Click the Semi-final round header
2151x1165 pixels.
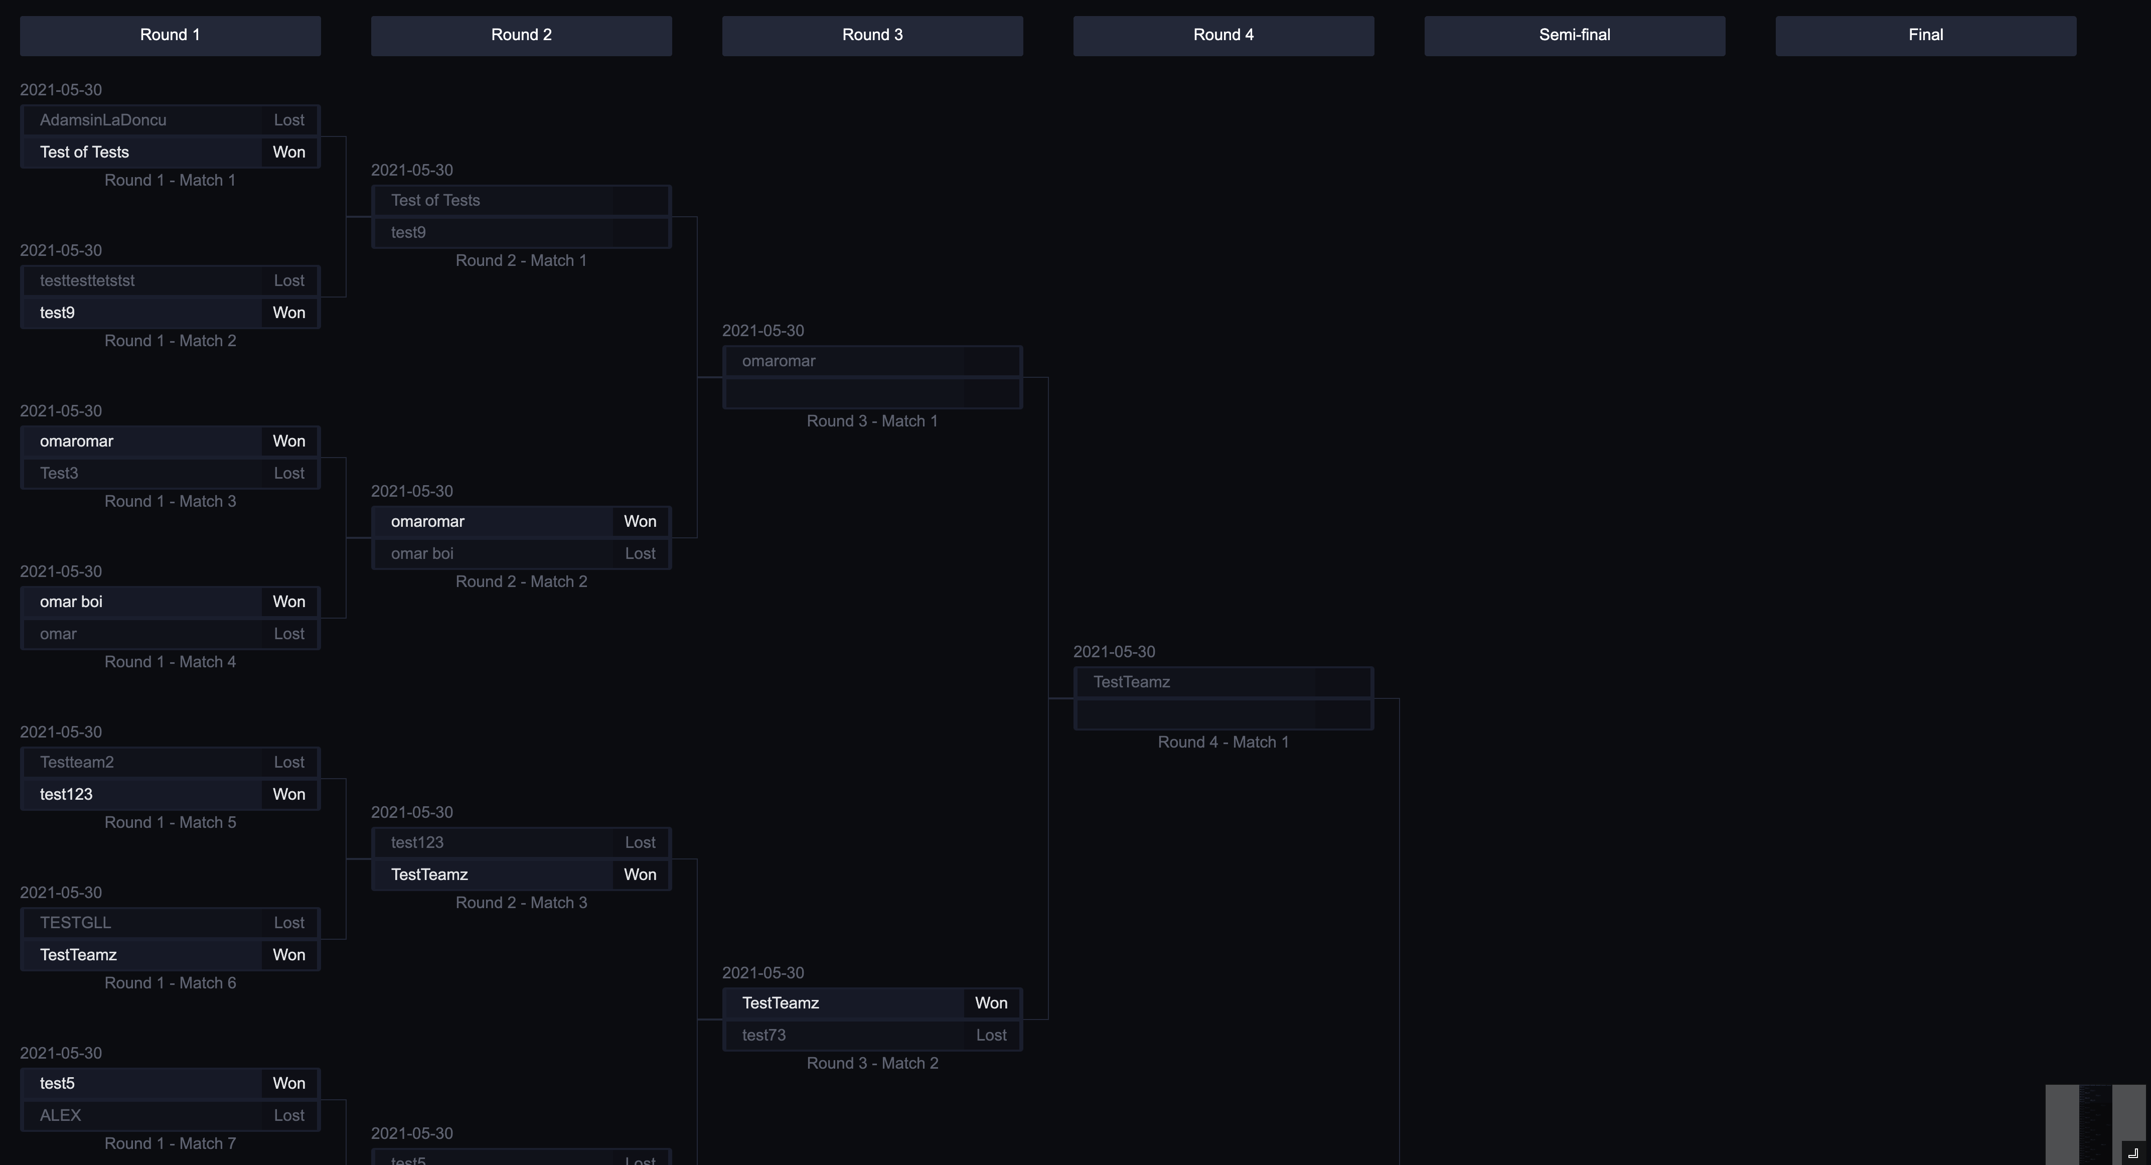click(x=1574, y=35)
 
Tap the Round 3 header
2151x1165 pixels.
click(x=872, y=35)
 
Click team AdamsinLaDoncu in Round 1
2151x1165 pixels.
click(x=103, y=120)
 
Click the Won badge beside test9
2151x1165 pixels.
click(x=289, y=313)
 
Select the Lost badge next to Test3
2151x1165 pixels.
click(x=289, y=474)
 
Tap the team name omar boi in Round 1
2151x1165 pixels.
click(x=71, y=602)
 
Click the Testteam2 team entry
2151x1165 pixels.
click(x=77, y=763)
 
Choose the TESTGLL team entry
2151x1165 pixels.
click(x=75, y=923)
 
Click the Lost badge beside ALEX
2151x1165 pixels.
click(x=289, y=1116)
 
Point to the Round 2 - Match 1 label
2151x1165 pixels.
click(x=521, y=260)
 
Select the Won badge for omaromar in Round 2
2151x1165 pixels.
click(x=640, y=522)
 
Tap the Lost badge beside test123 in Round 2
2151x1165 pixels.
click(x=640, y=842)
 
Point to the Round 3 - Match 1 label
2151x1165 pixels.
click(x=872, y=421)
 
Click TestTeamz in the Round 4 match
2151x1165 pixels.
click(x=1132, y=682)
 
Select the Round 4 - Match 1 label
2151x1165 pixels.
click(x=1222, y=743)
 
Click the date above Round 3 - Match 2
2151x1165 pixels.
click(x=762, y=973)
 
